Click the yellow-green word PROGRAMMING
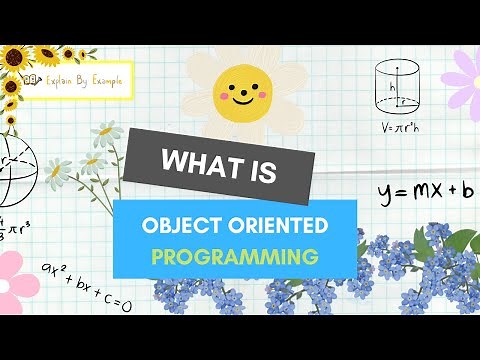(x=234, y=257)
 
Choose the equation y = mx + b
(x=424, y=190)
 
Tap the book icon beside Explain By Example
(x=32, y=82)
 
